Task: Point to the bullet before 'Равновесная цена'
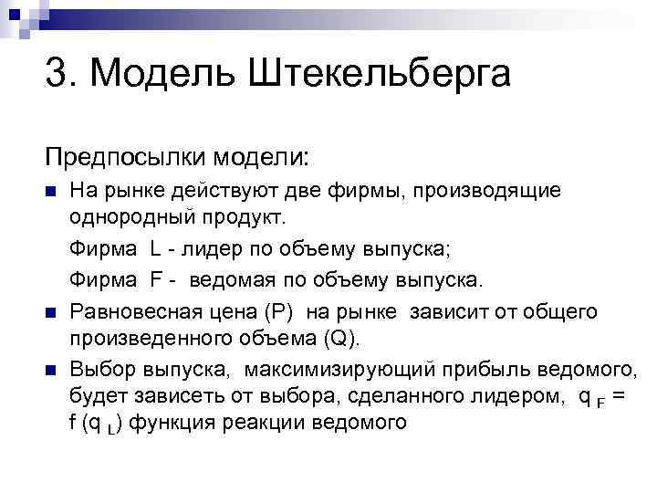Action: point(51,312)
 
